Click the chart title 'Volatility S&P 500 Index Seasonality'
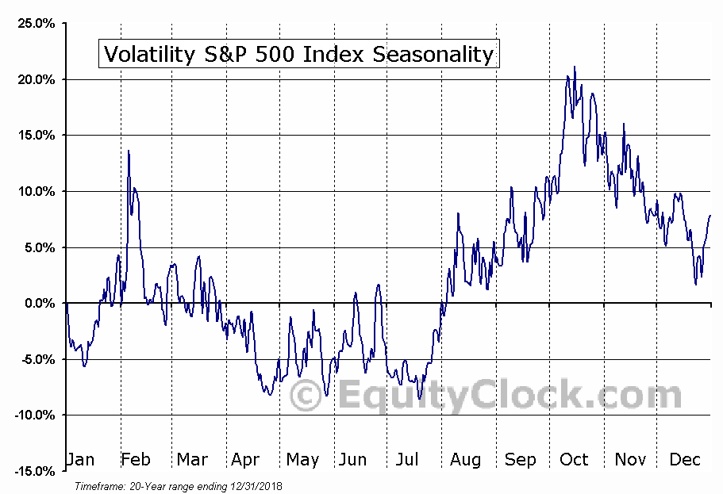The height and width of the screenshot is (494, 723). (x=298, y=54)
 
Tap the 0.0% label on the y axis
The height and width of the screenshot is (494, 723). (x=40, y=304)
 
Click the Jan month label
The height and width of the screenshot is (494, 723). (x=80, y=460)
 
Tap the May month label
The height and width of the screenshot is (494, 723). (x=302, y=460)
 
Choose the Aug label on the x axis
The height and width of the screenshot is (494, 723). (x=464, y=460)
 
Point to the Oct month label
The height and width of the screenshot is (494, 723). (x=574, y=460)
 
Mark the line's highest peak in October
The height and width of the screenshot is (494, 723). (x=575, y=67)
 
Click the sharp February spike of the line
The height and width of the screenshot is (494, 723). (x=129, y=151)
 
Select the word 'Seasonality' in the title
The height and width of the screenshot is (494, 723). (x=444, y=54)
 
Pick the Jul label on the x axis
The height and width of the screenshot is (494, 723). (x=407, y=460)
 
